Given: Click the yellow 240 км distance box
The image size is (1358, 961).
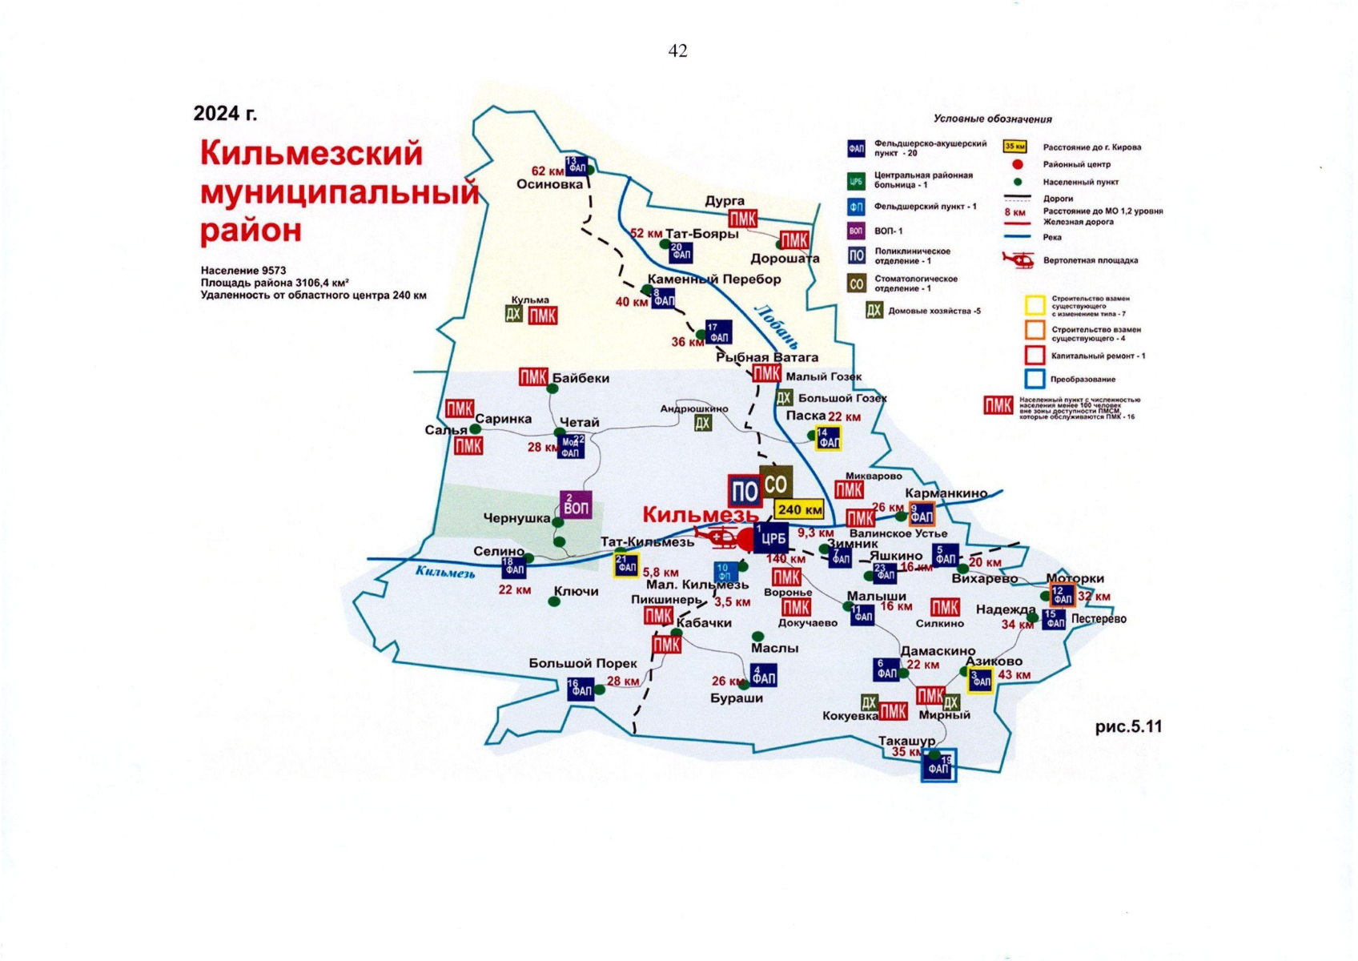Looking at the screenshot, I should point(800,509).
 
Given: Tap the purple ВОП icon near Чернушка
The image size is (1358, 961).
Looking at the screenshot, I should point(576,505).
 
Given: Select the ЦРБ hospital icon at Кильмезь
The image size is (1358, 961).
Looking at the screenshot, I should point(772,538).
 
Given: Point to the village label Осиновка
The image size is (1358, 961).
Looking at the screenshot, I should point(549,184).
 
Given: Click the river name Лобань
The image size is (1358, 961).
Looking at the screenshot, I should point(776,327).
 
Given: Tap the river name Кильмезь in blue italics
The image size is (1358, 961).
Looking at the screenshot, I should point(445,572).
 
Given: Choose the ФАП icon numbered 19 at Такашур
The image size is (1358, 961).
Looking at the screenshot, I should point(938,766).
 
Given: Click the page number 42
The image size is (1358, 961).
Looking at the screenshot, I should point(677,51).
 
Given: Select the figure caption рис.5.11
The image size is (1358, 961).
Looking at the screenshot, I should point(1128,726).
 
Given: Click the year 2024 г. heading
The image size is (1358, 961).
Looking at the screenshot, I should point(225,114).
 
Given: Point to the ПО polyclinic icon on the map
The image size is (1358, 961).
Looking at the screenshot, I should point(745,492).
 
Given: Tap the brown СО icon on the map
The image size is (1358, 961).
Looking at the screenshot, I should point(775,483).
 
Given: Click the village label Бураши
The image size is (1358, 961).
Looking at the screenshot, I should point(737,698).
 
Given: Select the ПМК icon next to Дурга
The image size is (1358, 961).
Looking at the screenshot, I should point(743,219).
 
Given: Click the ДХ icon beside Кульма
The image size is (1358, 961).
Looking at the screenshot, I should point(514,314).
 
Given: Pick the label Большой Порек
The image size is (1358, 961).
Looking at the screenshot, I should point(582,663).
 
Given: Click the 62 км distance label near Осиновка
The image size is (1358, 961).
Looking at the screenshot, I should point(548,171).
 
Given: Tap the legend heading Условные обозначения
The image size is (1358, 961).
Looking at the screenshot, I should point(992,119).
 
